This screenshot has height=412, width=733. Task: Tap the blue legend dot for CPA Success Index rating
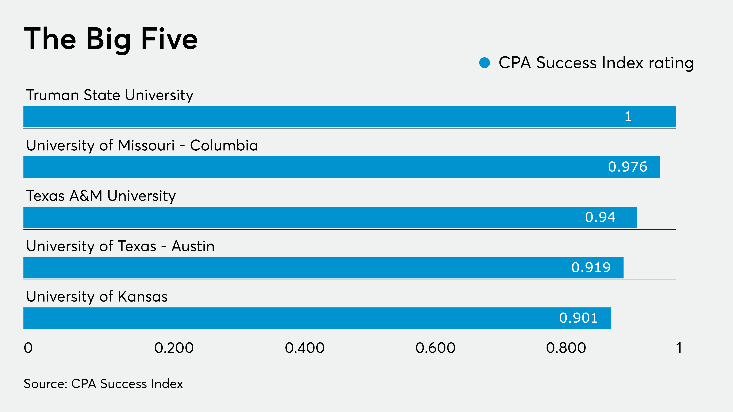click(x=484, y=63)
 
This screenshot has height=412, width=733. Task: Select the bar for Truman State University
click(x=349, y=117)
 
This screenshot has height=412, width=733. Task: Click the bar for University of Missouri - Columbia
click(x=341, y=167)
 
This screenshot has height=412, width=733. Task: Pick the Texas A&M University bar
click(x=330, y=217)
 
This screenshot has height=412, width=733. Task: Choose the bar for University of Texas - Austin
click(x=323, y=267)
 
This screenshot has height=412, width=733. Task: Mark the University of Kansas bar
click(x=317, y=318)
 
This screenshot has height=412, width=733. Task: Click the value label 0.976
click(x=627, y=167)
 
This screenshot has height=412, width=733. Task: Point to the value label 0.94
click(x=600, y=217)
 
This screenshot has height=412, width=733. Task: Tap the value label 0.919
click(x=591, y=267)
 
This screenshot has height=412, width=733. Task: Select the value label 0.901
click(x=578, y=318)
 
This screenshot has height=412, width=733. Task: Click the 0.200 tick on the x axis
click(x=174, y=348)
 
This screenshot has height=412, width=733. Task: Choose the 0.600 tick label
click(x=435, y=348)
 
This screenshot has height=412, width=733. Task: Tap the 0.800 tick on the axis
click(x=566, y=348)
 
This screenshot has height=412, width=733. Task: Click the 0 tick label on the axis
click(x=28, y=348)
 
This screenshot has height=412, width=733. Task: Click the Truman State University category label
click(x=109, y=95)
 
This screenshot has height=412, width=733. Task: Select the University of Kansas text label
click(x=97, y=296)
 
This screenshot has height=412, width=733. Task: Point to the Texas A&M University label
click(x=101, y=196)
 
